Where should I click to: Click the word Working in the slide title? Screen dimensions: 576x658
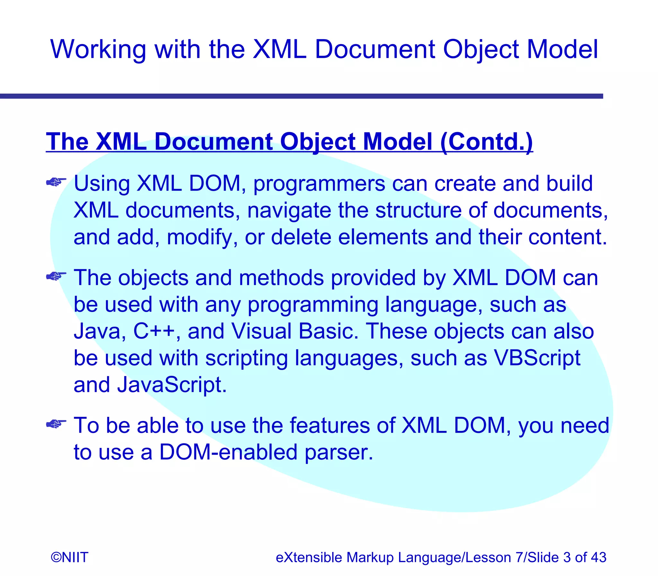coord(98,50)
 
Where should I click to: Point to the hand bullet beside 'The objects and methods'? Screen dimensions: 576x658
coord(56,276)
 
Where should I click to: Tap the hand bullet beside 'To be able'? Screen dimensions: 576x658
coord(56,424)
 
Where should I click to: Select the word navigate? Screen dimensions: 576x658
coord(289,211)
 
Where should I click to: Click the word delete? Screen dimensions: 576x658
coord(301,237)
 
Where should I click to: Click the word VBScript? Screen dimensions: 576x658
coord(537,358)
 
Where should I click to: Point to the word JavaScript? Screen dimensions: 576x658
coord(172,385)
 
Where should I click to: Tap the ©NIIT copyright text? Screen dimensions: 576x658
coord(69,557)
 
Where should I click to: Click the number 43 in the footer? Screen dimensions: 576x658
coord(599,557)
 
